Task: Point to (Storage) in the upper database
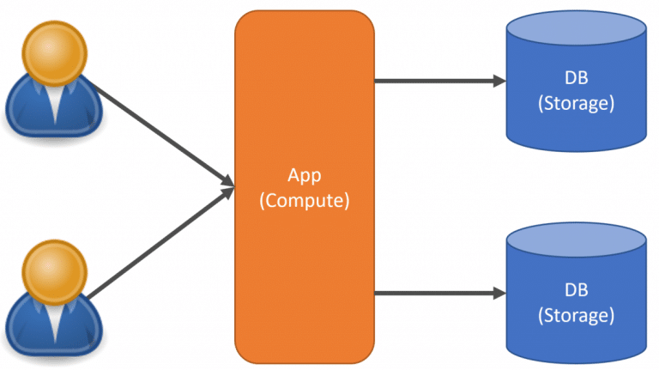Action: tap(575, 104)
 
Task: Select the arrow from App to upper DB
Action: tap(438, 82)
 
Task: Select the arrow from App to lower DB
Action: tap(438, 294)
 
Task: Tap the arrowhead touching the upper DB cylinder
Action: tap(499, 82)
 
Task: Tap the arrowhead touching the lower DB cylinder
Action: tap(499, 294)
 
